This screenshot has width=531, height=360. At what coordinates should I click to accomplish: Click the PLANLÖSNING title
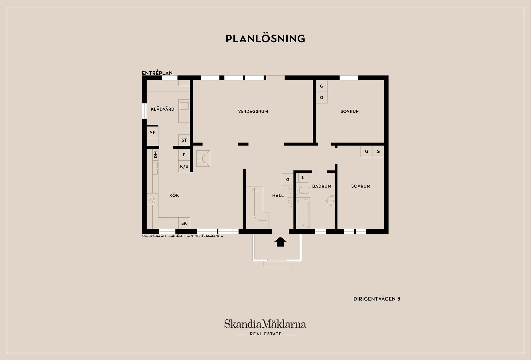[x=265, y=38]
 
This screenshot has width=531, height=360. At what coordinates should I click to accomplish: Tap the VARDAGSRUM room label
[x=253, y=111]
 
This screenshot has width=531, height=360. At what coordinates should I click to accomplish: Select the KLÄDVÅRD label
[x=163, y=109]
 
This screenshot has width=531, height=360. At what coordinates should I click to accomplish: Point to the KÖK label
[x=174, y=195]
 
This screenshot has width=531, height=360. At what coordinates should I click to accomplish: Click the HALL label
[x=278, y=195]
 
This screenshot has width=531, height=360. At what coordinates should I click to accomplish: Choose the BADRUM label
[x=322, y=186]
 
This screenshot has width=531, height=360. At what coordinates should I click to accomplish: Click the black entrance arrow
[x=280, y=242]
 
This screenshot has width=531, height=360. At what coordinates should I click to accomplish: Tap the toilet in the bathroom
[x=303, y=190]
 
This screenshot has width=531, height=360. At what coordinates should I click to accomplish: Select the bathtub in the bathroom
[x=303, y=213]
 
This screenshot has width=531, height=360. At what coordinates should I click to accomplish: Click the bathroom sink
[x=331, y=201]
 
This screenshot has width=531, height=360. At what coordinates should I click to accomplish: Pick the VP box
[x=153, y=132]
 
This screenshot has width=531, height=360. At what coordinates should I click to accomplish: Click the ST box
[x=184, y=140]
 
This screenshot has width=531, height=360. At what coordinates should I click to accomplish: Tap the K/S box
[x=184, y=166]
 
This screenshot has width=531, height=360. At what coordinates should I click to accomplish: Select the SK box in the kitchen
[x=184, y=223]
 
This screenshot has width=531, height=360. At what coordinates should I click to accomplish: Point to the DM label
[x=155, y=155]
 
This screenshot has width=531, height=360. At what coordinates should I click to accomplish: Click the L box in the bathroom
[x=303, y=178]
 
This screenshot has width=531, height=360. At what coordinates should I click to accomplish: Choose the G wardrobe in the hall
[x=288, y=179]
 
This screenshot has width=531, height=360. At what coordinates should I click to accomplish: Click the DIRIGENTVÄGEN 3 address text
[x=377, y=299]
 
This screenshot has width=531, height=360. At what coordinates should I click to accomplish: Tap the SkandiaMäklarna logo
[x=265, y=328]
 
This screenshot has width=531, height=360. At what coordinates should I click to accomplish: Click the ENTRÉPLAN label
[x=157, y=73]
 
